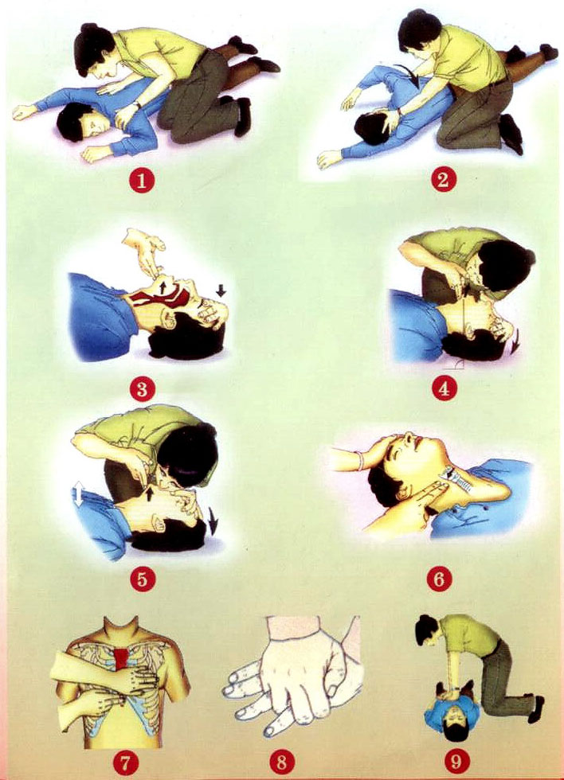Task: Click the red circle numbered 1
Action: point(141,181)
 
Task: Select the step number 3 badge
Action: point(142,388)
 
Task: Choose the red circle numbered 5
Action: point(142,579)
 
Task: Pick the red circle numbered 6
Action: point(439,579)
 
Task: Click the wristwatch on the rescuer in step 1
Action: point(136,105)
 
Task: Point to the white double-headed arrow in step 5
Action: point(79,493)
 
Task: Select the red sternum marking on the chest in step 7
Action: point(121,659)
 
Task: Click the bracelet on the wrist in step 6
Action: point(360,459)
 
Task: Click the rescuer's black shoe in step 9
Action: point(537,708)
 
